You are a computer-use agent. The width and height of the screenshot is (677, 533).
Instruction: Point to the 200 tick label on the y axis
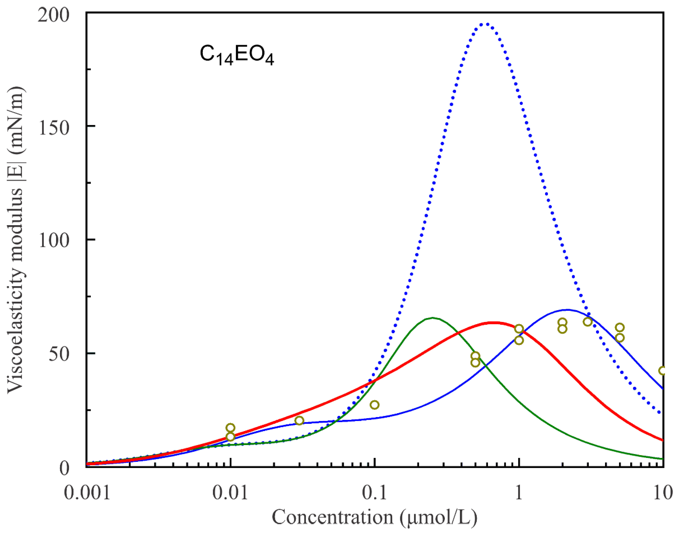coord(53,16)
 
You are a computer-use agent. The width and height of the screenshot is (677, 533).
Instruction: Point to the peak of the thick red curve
coord(493,323)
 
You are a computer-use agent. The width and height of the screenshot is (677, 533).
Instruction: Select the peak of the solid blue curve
coord(567,310)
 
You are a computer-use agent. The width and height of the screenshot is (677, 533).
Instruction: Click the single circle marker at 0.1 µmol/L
coord(374,405)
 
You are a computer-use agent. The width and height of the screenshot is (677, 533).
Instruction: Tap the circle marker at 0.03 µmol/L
coord(299,421)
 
